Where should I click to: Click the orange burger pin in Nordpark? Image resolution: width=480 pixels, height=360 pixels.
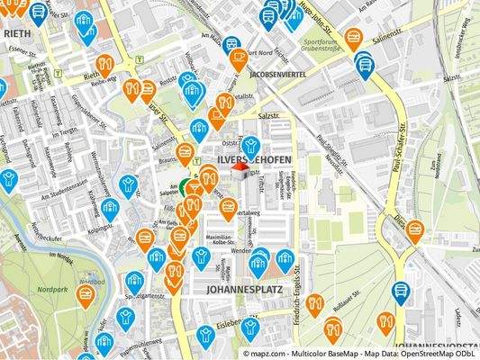coord(86,294)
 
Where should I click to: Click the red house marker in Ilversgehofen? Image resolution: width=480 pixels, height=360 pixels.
coord(240,168)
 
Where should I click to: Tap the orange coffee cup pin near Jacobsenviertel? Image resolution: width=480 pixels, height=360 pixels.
coord(238,59)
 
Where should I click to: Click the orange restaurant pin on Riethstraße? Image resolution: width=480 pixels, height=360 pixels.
coord(104,64)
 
